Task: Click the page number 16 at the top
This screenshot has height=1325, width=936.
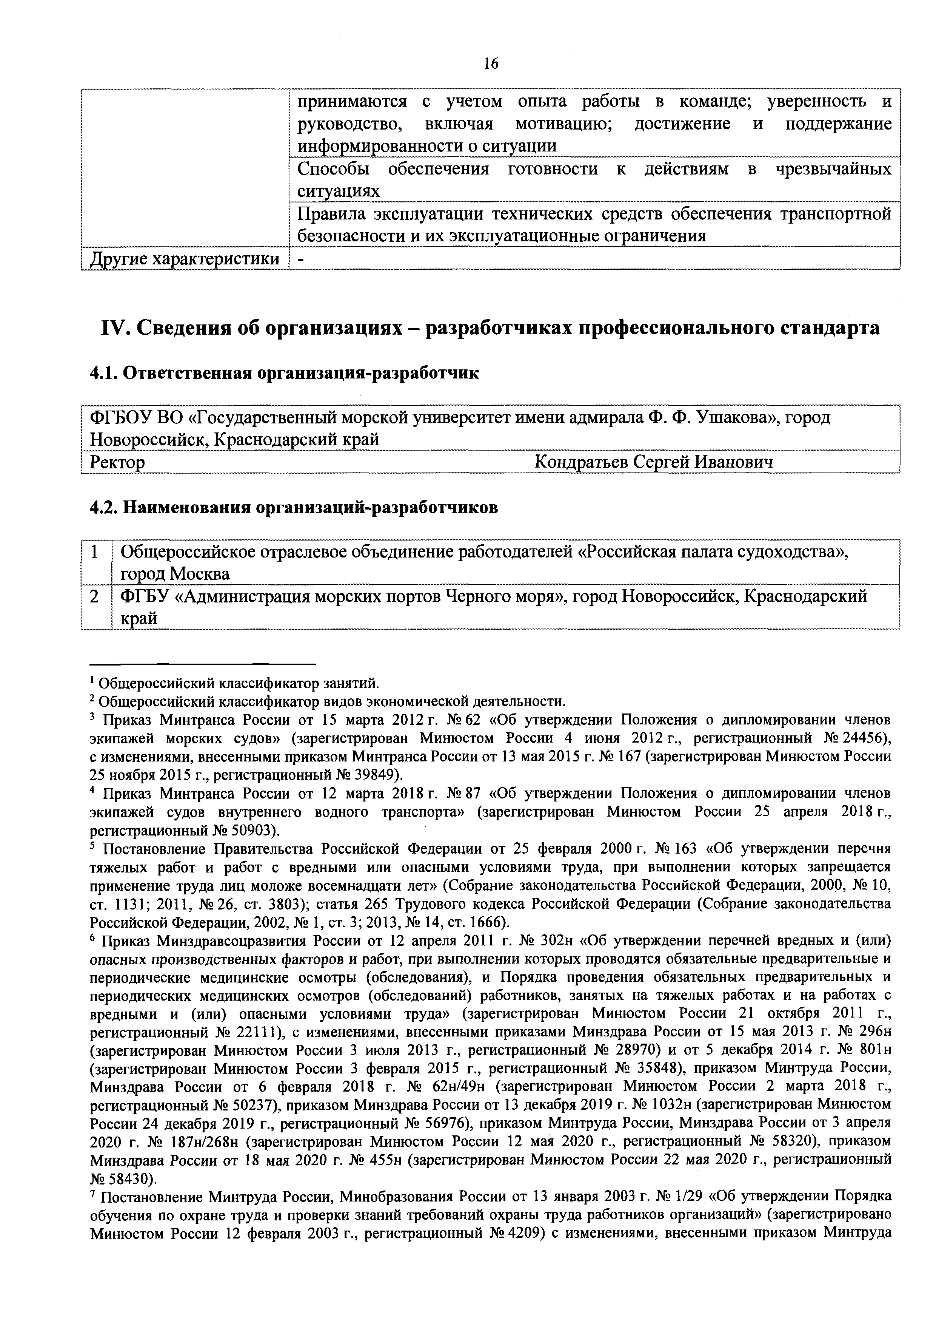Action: [x=491, y=63]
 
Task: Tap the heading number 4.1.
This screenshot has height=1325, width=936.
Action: [x=104, y=374]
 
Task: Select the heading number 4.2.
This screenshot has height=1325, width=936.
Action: [x=104, y=508]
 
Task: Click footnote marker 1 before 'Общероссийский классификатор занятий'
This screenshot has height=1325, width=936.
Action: [x=93, y=681]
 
